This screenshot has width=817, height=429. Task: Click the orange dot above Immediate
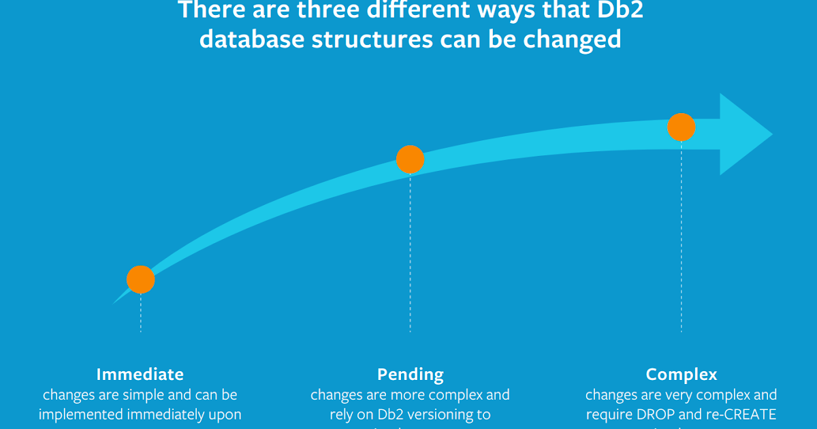pos(141,279)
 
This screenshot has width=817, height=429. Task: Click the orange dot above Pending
pos(410,159)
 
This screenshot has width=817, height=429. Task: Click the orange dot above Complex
pos(681,127)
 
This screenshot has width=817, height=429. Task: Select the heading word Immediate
pos(140,374)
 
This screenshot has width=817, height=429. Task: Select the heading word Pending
pos(410,374)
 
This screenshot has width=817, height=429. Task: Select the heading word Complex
pos(681,374)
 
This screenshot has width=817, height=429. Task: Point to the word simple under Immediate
pos(146,395)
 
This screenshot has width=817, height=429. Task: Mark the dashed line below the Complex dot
pos(681,238)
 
